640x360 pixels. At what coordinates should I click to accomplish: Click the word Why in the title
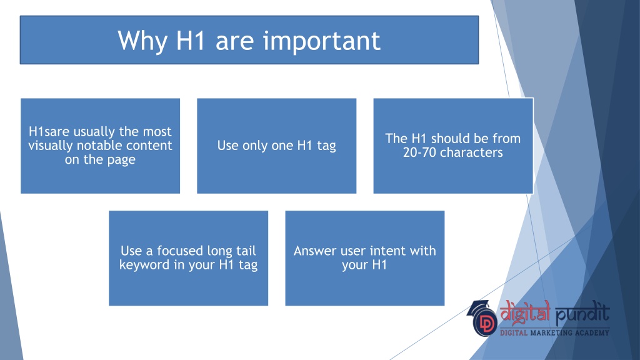click(x=142, y=41)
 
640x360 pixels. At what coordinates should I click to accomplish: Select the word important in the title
click(x=321, y=41)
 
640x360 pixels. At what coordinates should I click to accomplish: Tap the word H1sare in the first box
click(x=49, y=131)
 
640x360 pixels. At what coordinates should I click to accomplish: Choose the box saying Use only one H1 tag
click(x=277, y=146)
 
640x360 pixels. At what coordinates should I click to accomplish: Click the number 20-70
click(x=419, y=152)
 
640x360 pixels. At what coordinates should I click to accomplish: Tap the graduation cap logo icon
click(x=482, y=318)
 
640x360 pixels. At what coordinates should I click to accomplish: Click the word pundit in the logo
click(x=583, y=314)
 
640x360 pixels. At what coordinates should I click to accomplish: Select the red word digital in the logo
click(x=525, y=312)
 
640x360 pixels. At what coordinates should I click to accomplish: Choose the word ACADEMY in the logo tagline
click(x=592, y=332)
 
